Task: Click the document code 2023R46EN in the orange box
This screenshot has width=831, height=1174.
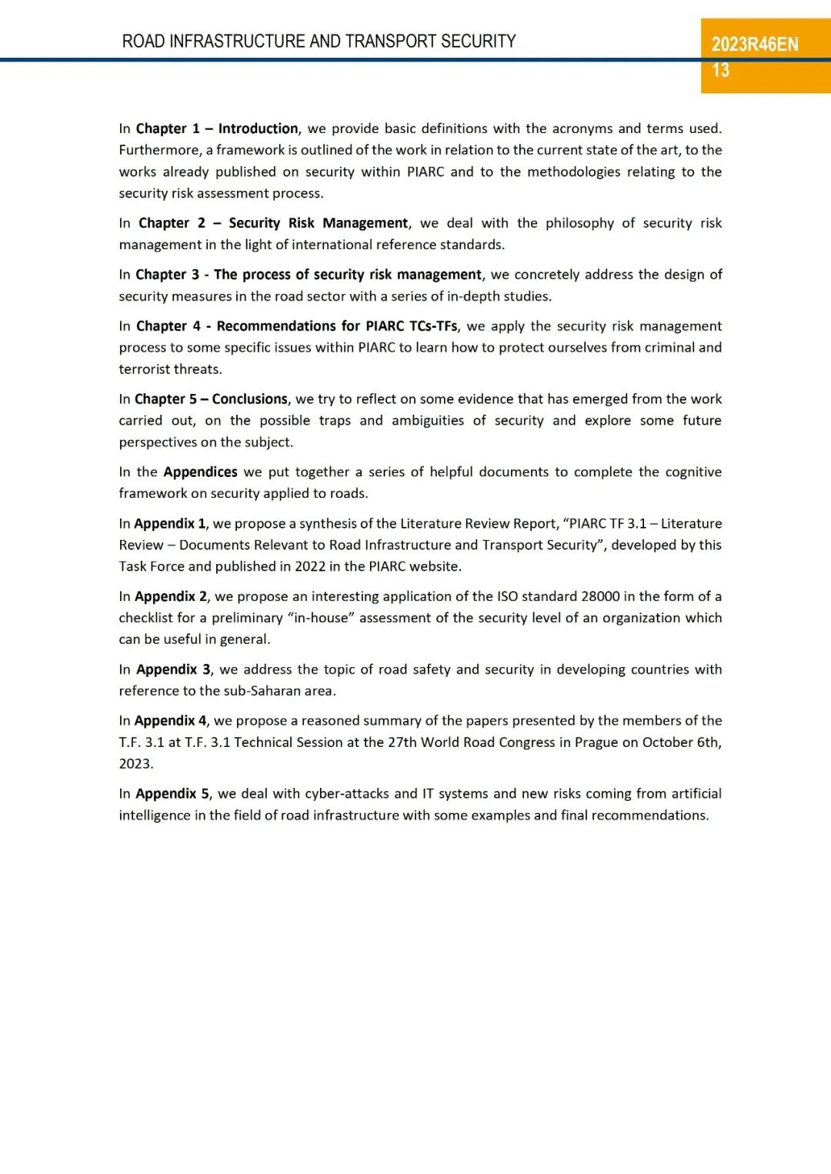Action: (754, 44)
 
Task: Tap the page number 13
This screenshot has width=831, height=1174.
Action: (720, 71)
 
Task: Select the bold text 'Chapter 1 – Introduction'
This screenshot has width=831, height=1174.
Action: (217, 128)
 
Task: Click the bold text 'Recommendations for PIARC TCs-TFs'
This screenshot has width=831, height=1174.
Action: (337, 326)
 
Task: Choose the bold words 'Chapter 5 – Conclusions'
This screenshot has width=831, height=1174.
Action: (211, 399)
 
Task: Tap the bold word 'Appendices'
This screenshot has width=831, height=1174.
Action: (200, 472)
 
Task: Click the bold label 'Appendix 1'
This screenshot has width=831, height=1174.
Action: (170, 524)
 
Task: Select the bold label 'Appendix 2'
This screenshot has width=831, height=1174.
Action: (171, 596)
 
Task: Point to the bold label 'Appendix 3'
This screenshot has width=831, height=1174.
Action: (173, 669)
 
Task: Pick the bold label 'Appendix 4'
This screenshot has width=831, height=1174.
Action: (171, 721)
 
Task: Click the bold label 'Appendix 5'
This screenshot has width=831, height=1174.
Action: (172, 794)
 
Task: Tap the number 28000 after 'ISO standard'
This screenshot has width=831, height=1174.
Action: (600, 596)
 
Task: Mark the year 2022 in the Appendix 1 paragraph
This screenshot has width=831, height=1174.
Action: (310, 566)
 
